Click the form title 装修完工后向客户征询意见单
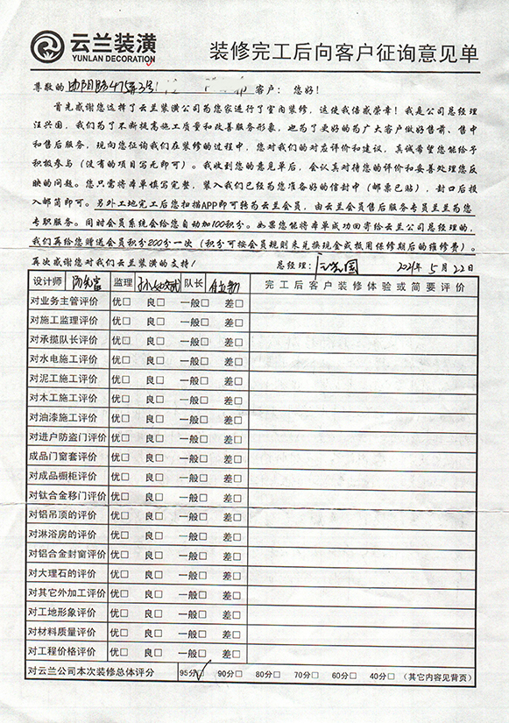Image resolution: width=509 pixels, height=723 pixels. point(343,52)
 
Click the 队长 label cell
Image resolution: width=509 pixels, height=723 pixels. point(194,283)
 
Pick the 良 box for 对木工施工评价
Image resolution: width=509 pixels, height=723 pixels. point(160,398)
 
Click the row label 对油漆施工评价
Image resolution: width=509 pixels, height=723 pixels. point(63,417)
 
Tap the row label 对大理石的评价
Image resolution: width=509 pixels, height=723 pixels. point(63,573)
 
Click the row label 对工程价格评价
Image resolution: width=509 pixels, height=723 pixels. point(63,651)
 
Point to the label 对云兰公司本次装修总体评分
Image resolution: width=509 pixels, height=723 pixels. point(91,672)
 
